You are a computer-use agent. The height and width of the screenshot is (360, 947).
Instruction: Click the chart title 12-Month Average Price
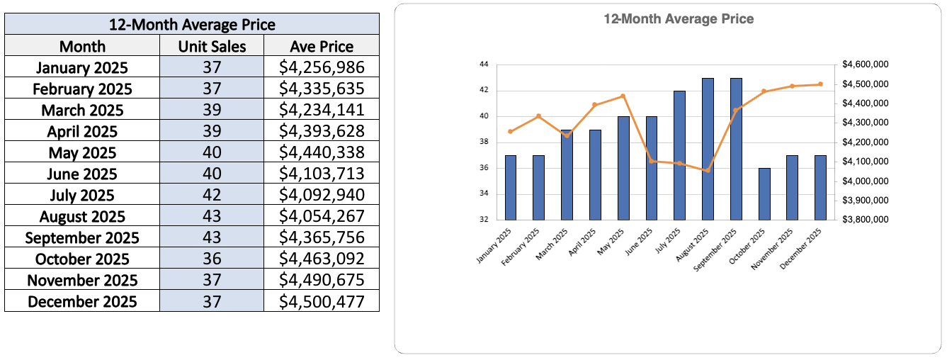click(x=679, y=19)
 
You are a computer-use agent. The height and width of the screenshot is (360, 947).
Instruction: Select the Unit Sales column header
click(x=212, y=47)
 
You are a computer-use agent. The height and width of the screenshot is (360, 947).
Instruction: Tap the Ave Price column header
click(x=322, y=47)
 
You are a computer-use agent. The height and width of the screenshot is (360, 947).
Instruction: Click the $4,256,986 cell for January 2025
click(x=322, y=68)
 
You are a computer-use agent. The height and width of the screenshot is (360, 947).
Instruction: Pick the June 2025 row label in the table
click(x=82, y=174)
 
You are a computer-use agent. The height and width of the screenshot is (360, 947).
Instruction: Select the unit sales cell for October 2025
click(x=212, y=259)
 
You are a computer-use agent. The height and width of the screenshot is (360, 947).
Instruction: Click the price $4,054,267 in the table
click(x=322, y=217)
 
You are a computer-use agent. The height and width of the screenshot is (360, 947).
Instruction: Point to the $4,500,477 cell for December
click(x=322, y=302)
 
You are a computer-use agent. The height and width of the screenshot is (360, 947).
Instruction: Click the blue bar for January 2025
click(x=511, y=187)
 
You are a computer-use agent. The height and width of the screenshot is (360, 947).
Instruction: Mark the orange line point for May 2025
click(x=623, y=96)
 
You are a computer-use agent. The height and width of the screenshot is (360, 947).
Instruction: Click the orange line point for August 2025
click(x=708, y=171)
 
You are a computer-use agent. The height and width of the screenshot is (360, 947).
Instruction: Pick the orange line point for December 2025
click(x=820, y=84)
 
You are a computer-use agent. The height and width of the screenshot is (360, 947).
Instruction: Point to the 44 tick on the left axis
click(x=484, y=64)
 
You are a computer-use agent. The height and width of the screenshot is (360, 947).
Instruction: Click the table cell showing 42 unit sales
click(x=212, y=196)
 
